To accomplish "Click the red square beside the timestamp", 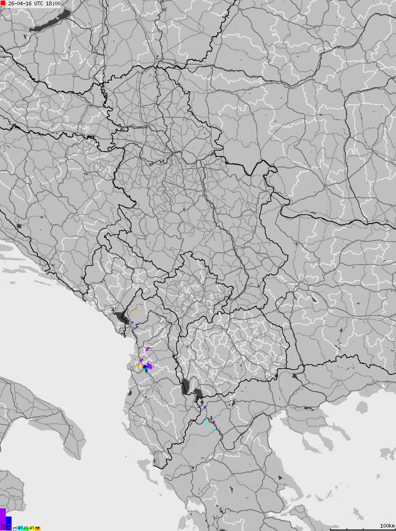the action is pyautogui.click(x=3, y=3).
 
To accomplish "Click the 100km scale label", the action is pyautogui.click(x=387, y=526).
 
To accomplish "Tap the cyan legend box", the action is pyautogui.click(x=20, y=528).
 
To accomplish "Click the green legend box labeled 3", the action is pyautogui.click(x=26, y=528).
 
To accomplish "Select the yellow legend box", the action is pyautogui.click(x=32, y=528).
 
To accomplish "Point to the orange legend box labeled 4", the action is pyautogui.click(x=38, y=528).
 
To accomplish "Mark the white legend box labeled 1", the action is pyautogui.click(x=14, y=528).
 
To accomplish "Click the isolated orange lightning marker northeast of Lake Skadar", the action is pyautogui.click(x=136, y=309).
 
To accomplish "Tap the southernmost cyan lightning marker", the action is pyautogui.click(x=212, y=429).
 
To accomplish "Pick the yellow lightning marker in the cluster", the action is pyautogui.click(x=139, y=366).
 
